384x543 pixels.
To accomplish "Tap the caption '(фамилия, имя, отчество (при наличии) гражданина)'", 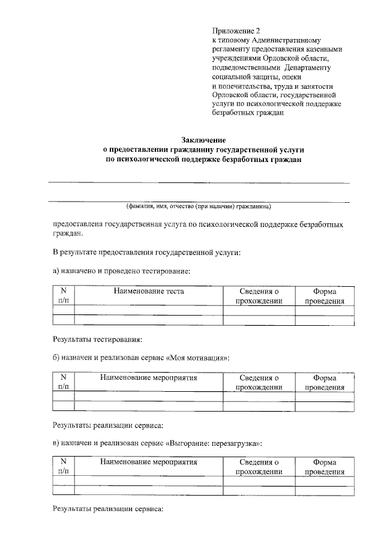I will [199, 206].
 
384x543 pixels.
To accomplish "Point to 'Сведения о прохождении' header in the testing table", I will [259, 296].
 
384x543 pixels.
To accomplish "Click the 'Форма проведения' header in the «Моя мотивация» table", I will [325, 382].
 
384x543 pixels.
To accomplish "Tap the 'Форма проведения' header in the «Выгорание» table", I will [325, 467].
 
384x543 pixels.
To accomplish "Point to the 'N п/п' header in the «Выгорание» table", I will [63, 467].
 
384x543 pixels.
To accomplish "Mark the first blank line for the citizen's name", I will [199, 182].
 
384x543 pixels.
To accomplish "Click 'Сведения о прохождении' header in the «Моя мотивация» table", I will [259, 382].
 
